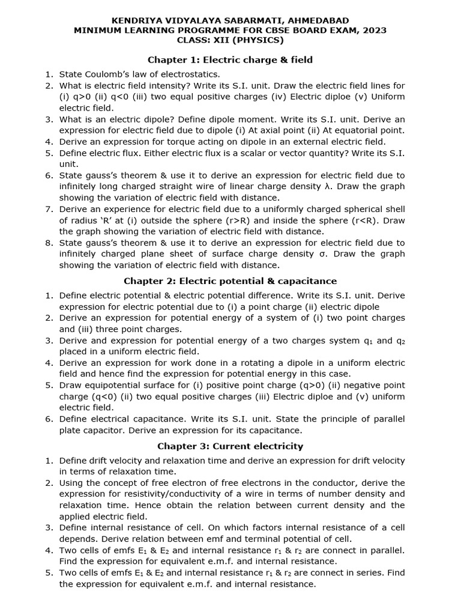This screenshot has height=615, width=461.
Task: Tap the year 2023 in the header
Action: pos(375,30)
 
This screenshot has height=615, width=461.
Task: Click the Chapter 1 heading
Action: pos(230,59)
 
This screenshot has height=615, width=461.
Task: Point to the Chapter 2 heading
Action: pos(230,280)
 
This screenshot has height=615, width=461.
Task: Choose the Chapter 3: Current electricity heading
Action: pos(230,446)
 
